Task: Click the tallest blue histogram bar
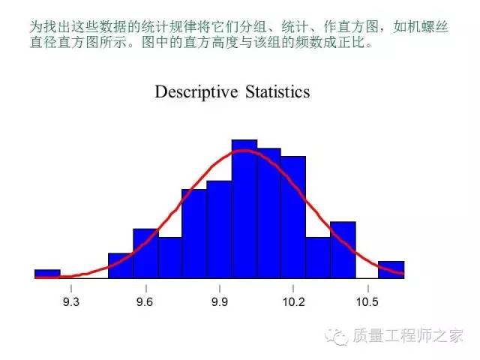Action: click(244, 209)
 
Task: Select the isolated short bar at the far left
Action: click(47, 274)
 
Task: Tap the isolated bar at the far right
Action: click(391, 270)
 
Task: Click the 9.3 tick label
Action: click(71, 301)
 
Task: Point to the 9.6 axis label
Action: click(145, 301)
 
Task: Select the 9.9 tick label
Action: click(220, 301)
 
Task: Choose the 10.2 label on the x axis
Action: click(293, 301)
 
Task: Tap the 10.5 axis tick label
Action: click(367, 301)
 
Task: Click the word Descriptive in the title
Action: click(196, 92)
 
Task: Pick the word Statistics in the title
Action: click(277, 91)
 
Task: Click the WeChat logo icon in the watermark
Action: click(337, 337)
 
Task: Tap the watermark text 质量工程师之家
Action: click(407, 336)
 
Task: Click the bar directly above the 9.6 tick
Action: click(145, 253)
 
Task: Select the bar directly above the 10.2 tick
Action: click(293, 217)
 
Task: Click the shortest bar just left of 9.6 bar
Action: click(121, 265)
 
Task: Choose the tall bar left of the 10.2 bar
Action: click(268, 213)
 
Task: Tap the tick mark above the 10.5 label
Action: click(368, 289)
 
